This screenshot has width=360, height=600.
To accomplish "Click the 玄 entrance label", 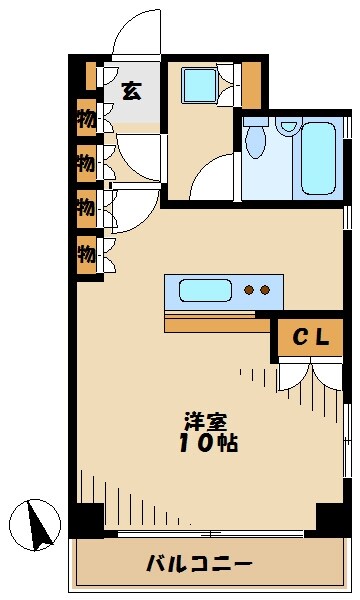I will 131,89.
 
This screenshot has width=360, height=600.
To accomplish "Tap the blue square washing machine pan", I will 197,84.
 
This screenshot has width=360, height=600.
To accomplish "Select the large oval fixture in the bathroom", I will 256,142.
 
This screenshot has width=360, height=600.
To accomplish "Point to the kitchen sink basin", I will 205,291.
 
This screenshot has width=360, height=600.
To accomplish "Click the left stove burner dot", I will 250,291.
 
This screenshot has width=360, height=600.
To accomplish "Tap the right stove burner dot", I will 266,291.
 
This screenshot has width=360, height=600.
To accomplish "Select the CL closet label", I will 310,338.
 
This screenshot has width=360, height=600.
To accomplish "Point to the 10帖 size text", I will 210,444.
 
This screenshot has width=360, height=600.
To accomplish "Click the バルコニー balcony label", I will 199,564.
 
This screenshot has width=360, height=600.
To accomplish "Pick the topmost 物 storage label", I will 87,118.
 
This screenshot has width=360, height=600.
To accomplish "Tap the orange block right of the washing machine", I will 250,85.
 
